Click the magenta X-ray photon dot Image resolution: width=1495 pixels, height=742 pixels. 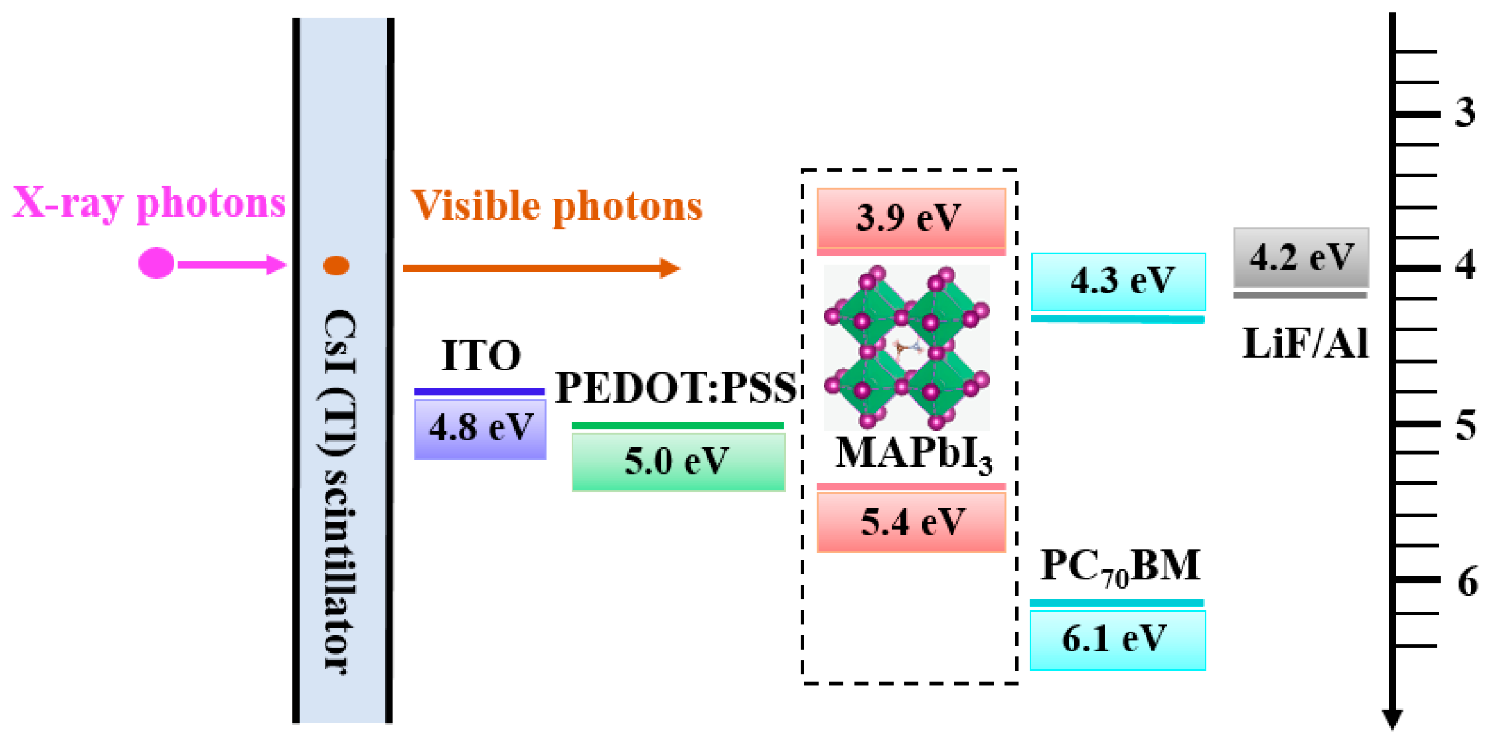(156, 263)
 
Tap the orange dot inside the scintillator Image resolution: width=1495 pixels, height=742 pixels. (336, 266)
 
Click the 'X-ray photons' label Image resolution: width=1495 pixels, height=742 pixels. (149, 203)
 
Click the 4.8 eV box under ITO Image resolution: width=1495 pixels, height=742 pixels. (480, 428)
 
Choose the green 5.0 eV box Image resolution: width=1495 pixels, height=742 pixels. (678, 462)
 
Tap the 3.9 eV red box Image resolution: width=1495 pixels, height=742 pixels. (910, 218)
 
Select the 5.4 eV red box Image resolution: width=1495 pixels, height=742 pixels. (911, 522)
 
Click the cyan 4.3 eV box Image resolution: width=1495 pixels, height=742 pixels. (1118, 281)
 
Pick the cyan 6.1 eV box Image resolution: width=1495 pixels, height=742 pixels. (1117, 640)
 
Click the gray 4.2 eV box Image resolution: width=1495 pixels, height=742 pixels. (1301, 257)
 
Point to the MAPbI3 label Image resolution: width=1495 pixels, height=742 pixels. (913, 454)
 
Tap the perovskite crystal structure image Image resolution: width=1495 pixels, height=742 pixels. (907, 347)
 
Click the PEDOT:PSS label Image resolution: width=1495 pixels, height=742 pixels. (675, 388)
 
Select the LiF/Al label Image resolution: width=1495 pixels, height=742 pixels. (1305, 344)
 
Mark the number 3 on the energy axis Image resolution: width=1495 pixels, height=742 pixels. (1465, 113)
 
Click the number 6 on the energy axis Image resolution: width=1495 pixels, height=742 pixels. (1467, 582)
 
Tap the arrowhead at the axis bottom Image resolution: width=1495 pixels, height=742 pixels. (1393, 720)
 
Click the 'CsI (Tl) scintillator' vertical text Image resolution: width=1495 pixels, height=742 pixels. (341, 490)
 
